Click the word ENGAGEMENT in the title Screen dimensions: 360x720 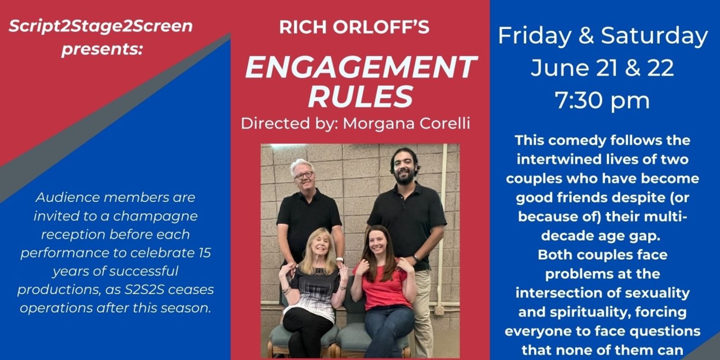pyautogui.click(x=361, y=68)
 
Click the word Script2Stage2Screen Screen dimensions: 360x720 pyautogui.click(x=100, y=26)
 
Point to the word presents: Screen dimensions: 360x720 pyautogui.click(x=102, y=49)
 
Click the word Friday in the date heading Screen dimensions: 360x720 pyautogui.click(x=534, y=36)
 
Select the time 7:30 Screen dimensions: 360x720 pyautogui.click(x=576, y=101)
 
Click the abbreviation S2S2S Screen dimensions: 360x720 pyautogui.click(x=156, y=290)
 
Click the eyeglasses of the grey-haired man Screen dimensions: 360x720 pyautogui.click(x=304, y=175)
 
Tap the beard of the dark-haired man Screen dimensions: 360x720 pyautogui.click(x=404, y=179)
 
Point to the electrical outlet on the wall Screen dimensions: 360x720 pyautogui.click(x=439, y=311)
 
